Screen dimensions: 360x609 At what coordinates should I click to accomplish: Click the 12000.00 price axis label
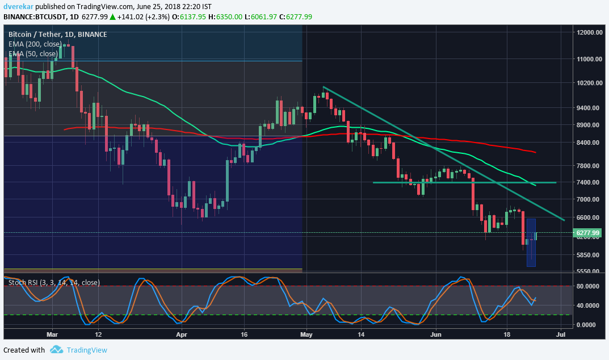pos(588,32)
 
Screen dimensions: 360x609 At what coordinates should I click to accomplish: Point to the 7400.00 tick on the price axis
pos(588,182)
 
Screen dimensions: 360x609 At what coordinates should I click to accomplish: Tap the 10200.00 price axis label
pos(588,83)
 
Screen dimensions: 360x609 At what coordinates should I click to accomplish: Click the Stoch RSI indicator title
pos(54,282)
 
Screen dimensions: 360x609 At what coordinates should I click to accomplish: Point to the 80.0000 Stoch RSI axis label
pos(588,287)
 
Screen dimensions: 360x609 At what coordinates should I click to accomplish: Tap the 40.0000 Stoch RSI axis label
pos(588,305)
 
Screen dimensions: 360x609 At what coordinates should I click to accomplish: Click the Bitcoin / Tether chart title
pos(57,35)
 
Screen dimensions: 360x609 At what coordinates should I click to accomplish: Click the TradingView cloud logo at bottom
pos(56,350)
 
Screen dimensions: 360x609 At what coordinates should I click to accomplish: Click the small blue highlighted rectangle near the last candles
pos(531,243)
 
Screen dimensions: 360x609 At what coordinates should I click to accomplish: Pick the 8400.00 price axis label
pos(588,143)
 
